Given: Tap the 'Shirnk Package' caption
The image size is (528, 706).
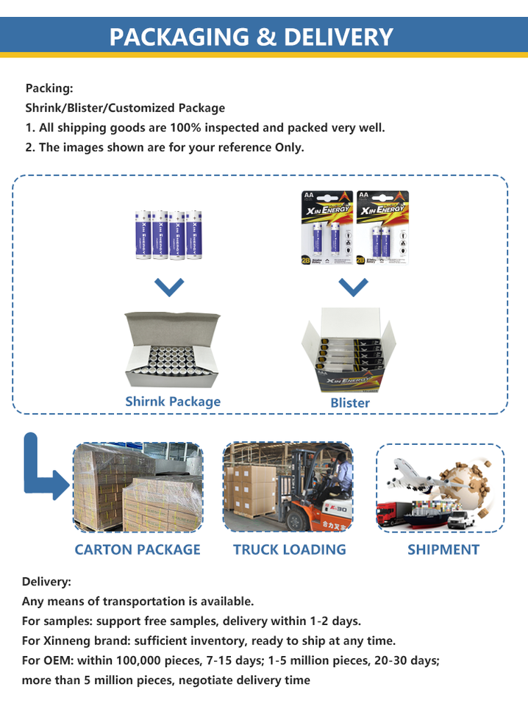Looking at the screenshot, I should (173, 402).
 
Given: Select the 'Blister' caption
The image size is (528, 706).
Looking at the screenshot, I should (350, 403).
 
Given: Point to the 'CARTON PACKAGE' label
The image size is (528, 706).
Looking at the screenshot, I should (138, 549).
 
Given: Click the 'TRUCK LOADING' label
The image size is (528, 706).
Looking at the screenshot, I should (289, 549).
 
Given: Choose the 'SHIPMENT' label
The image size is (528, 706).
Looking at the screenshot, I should (443, 549).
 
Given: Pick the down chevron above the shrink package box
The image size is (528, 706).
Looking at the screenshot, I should (169, 287).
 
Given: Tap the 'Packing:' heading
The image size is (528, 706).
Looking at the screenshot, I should (49, 88).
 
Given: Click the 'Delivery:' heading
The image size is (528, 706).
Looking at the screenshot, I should (46, 582).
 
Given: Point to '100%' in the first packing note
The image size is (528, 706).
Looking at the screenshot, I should (185, 127).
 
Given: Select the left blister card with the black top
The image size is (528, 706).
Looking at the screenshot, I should (325, 227).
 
